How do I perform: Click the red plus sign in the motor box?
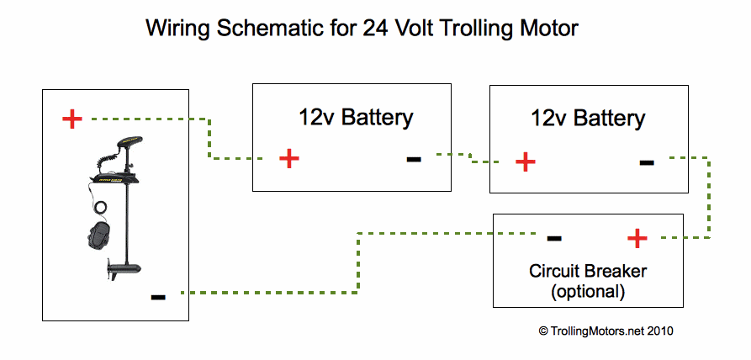pos(72,119)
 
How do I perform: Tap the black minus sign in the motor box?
pos(158,297)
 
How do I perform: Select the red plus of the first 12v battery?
pos(288,158)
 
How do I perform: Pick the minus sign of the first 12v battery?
pos(414,158)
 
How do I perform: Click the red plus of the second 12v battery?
pos(525,161)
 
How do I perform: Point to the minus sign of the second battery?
pos(646,161)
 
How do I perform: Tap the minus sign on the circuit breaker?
pos(553,239)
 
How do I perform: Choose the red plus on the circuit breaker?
pos(637,239)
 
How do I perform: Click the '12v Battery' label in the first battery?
pos(356,117)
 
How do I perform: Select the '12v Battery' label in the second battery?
pos(588,118)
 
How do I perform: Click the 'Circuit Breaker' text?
pos(588,272)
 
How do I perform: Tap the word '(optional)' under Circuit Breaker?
pos(588,292)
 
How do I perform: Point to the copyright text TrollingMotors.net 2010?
pos(606,331)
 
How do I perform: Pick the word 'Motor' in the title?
pos(547,28)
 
